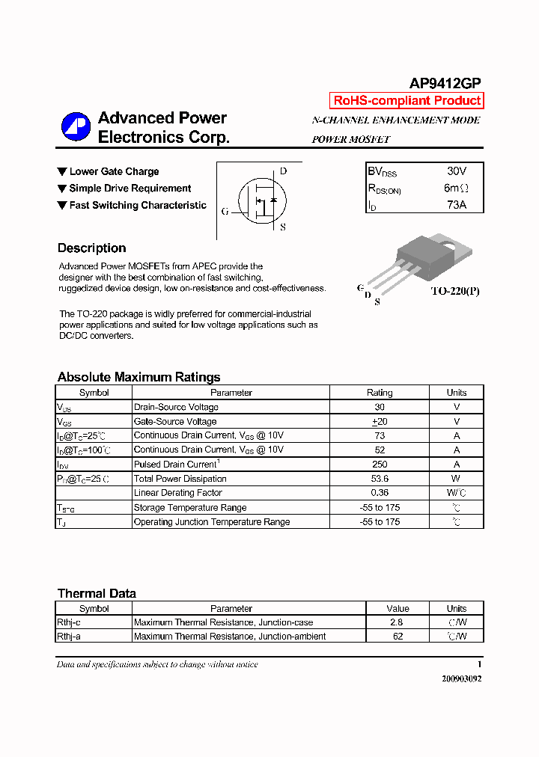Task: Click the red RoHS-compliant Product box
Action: pos(406,101)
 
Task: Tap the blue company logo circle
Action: pos(76,126)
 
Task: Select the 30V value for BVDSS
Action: pos(456,171)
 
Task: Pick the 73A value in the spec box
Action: pos(456,204)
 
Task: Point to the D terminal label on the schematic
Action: pos(283,171)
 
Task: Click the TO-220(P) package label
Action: pos(454,291)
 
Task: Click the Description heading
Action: pos(91,248)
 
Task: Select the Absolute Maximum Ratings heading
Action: pos(138,377)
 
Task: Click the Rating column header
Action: pos(380,393)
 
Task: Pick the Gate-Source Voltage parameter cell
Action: pos(175,422)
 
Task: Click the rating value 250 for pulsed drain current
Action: pos(380,465)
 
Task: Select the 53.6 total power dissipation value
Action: pos(380,479)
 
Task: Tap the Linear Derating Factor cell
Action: pos(177,493)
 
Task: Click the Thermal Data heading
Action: pos(97,593)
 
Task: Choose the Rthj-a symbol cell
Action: pos(69,637)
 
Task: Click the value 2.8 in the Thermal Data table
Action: pos(397,622)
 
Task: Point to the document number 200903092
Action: pos(457,678)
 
